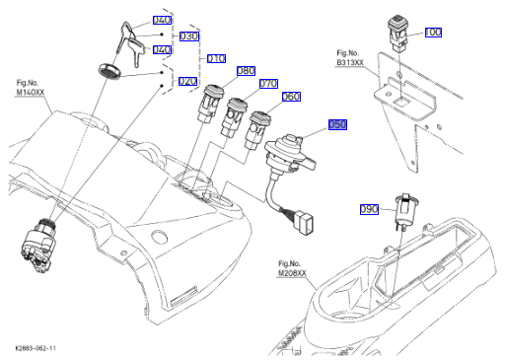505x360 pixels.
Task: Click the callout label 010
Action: pos(216,58)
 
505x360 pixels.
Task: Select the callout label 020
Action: pos(187,81)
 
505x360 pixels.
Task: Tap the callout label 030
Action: pos(189,36)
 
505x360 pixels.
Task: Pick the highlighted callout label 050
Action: pos(337,124)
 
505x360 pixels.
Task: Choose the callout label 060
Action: pos(291,97)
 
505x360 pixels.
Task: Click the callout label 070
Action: pos(268,84)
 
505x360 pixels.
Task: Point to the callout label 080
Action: pos(246,71)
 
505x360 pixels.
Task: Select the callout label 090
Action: pos(369,209)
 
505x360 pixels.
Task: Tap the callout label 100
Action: pos(433,33)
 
